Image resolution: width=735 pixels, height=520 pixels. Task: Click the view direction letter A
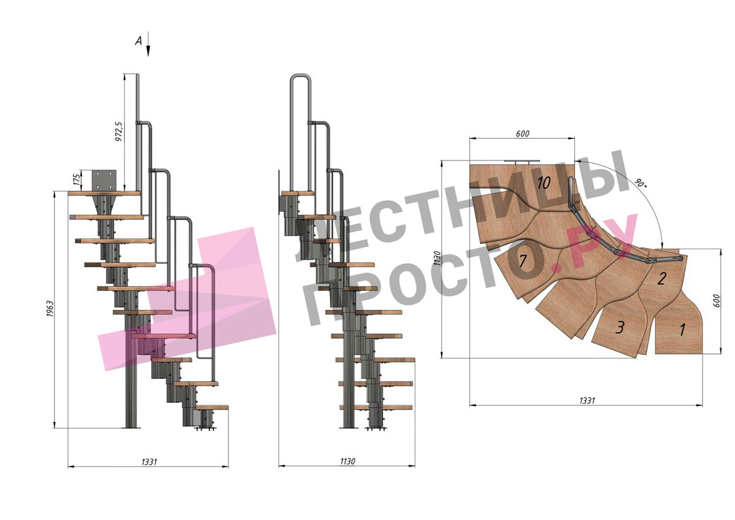click(139, 41)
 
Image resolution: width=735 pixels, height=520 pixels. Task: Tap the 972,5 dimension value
click(119, 132)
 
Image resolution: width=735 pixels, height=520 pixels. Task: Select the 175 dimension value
click(77, 180)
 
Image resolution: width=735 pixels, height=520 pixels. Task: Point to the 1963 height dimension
click(50, 309)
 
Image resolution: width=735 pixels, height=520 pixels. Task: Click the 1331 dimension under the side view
click(149, 462)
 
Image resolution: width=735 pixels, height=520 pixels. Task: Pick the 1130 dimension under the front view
click(347, 462)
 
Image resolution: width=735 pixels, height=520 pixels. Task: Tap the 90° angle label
click(640, 183)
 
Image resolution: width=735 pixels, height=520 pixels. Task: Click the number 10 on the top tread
click(543, 183)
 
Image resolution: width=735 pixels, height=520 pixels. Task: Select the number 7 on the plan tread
click(523, 261)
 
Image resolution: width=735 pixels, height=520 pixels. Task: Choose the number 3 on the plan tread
click(620, 327)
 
